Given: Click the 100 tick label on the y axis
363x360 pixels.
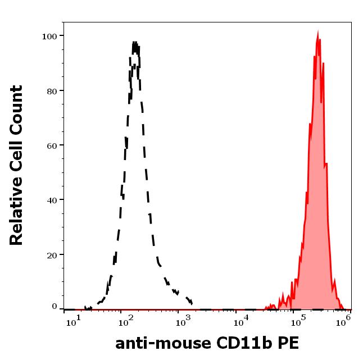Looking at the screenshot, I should (x=49, y=37).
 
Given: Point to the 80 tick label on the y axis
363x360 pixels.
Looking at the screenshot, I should (x=52, y=91).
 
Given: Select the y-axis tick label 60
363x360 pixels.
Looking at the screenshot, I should (x=52, y=145).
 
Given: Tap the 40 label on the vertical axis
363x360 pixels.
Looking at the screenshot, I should (x=52, y=200).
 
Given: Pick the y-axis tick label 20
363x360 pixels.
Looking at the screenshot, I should (x=52, y=255).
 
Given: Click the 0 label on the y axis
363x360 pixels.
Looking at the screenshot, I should (x=54, y=307).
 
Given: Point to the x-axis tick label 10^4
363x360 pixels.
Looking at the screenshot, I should (x=241, y=322).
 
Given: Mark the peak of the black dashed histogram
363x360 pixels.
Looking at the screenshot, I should (x=135, y=42).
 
